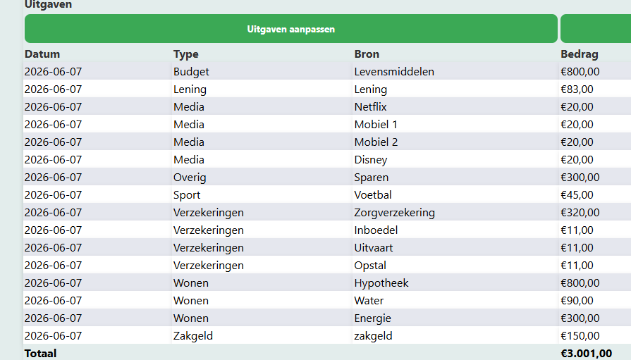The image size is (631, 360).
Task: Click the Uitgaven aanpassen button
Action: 291,29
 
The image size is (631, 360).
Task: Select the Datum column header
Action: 42,54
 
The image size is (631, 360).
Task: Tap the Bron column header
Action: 367,54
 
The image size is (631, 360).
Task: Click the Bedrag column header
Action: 579,54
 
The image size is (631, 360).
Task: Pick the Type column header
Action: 186,54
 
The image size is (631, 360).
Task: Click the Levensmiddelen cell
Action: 394,72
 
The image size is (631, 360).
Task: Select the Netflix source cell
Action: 370,107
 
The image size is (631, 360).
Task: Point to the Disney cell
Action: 371,160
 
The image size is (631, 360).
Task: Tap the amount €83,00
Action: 577,89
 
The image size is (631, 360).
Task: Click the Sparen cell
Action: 371,178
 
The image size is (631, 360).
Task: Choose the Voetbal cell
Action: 373,195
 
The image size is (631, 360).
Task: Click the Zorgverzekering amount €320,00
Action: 580,213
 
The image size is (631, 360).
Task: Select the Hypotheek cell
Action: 381,283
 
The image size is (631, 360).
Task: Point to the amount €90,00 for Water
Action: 577,301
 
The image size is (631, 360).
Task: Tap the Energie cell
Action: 372,318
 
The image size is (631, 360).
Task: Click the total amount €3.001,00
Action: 586,354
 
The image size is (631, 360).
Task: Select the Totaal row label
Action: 40,354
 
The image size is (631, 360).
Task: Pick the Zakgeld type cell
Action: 192,336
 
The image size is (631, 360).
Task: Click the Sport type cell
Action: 187,195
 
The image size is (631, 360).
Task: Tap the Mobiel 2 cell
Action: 376,142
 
